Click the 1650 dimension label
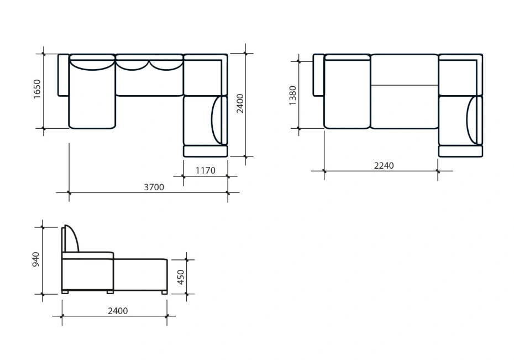point(37,89)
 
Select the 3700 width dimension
point(154,187)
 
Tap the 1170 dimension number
point(206,170)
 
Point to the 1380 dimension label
point(292,96)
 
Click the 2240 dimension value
point(384,165)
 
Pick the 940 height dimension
point(36,259)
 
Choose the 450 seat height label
point(180,277)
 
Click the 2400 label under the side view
point(118,311)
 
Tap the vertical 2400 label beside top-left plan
point(240,103)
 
